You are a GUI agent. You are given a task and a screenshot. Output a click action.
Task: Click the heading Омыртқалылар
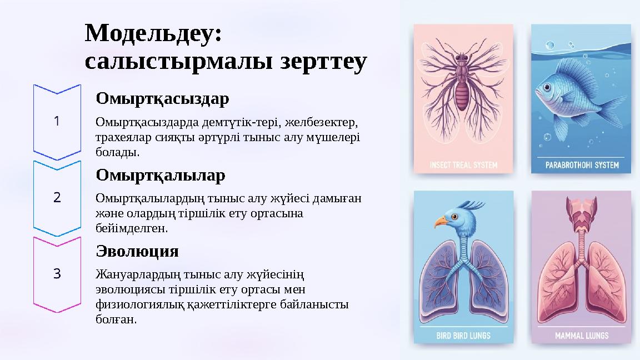pos(161,176)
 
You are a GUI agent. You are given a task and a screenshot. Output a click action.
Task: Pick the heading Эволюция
pos(137,251)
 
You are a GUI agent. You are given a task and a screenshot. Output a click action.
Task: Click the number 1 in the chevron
pos(57,121)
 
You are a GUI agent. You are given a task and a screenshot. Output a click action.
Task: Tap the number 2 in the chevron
pos(57,197)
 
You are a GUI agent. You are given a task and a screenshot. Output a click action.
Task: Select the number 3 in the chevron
pos(57,273)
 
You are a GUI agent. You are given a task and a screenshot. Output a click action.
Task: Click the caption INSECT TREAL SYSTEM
pos(463,165)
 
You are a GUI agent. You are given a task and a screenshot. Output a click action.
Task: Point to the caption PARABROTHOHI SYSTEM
pos(581,165)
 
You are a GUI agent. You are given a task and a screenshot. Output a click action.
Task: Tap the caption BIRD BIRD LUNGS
pos(463,335)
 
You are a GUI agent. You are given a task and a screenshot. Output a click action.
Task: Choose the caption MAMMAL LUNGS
pos(581,335)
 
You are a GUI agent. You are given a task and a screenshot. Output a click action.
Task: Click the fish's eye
pos(547,87)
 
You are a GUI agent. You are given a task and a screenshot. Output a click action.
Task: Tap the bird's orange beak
pos(441,222)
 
